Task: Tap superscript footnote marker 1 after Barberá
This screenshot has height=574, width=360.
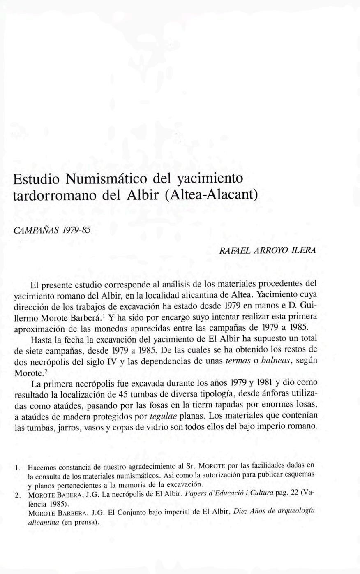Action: [x=104, y=316]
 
